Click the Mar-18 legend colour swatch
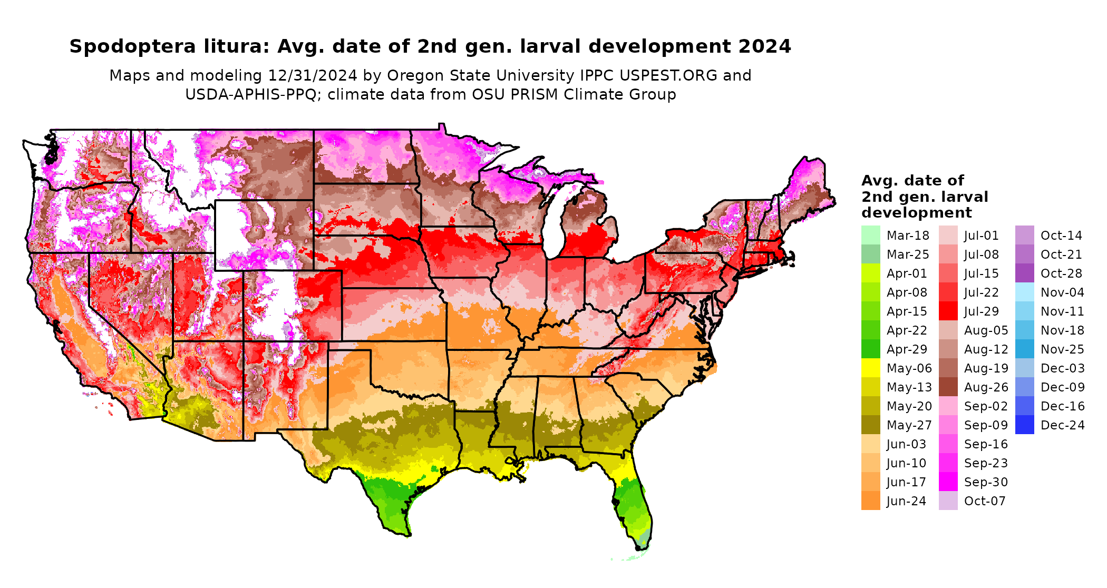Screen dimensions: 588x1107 tap(870, 235)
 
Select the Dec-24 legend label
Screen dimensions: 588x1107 tap(1062, 425)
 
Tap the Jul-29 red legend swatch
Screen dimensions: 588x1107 tap(948, 311)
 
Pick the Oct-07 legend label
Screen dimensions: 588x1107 tap(985, 501)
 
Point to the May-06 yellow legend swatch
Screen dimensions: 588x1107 tap(870, 368)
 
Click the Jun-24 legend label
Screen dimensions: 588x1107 tap(906, 501)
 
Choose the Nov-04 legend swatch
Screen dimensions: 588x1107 tap(1024, 292)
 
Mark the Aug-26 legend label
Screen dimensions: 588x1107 tap(986, 387)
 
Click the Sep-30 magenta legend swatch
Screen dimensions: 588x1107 tap(948, 482)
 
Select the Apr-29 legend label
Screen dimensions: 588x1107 tap(907, 349)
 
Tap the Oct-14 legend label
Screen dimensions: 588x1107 tap(1061, 236)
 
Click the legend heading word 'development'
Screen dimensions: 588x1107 tap(916, 213)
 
